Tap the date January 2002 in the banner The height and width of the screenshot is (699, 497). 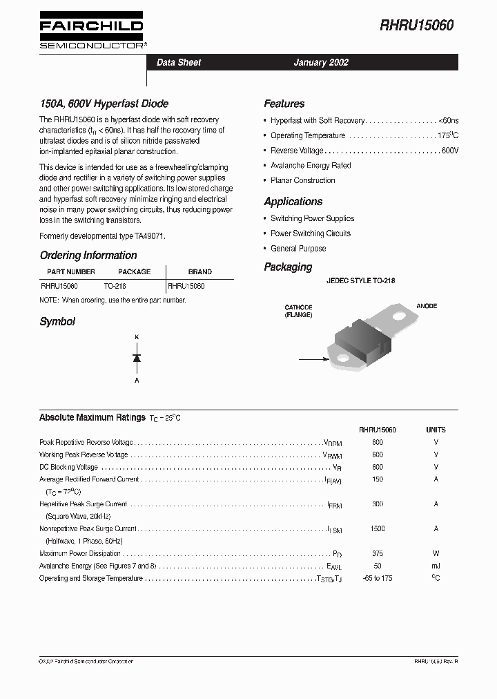click(321, 62)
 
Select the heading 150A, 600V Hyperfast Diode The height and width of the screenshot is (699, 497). click(104, 104)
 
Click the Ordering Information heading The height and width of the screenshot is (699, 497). click(88, 255)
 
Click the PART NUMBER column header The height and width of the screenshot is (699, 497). click(70, 271)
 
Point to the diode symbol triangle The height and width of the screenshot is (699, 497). click(137, 358)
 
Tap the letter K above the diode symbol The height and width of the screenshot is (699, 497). click(137, 336)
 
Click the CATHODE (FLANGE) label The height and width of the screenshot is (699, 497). click(298, 311)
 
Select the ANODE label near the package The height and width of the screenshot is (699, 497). click(426, 306)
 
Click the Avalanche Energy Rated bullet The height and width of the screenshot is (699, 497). click(311, 166)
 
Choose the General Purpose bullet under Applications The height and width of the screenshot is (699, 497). click(298, 249)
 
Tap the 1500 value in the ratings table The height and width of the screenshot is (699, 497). click(378, 529)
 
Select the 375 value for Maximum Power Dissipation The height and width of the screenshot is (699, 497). click(378, 554)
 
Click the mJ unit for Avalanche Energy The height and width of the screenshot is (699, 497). click(436, 566)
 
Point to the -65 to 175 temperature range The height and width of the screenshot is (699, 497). click(378, 578)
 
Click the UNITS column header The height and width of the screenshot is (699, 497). click(436, 430)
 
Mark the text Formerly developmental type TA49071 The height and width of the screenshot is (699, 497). click(102, 236)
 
